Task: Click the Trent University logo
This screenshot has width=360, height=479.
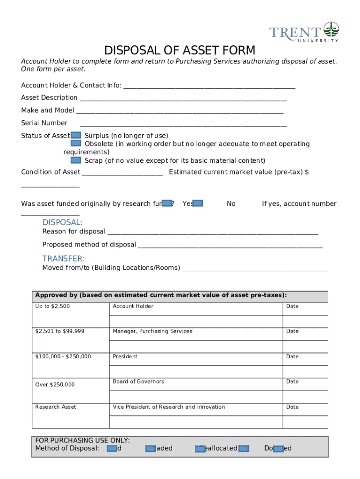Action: point(304,32)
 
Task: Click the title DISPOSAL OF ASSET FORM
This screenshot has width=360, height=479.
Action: point(180,50)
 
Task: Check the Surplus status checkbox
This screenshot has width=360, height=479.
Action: point(76,135)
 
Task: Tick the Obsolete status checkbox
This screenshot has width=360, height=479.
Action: point(76,144)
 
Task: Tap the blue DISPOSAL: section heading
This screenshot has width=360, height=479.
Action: point(62,222)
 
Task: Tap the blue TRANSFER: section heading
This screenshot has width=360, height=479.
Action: point(64,259)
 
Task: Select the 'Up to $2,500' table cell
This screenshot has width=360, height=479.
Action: point(52,306)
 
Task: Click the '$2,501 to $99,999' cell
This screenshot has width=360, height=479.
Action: point(60,331)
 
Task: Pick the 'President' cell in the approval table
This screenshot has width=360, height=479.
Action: point(125,356)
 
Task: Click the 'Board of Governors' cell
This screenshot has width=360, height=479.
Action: point(138,382)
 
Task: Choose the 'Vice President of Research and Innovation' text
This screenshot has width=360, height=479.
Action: point(169,407)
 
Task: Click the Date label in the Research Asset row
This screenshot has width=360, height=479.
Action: point(292,407)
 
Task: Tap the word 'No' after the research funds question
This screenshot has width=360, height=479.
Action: point(231,204)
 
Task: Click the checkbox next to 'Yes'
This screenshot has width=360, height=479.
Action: point(198,203)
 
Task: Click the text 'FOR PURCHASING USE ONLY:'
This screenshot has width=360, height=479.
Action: point(82,440)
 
